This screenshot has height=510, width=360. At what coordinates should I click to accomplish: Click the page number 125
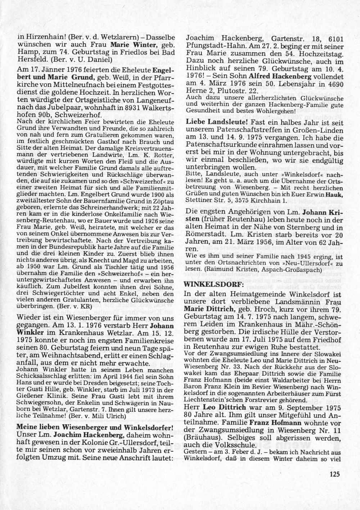click(334, 474)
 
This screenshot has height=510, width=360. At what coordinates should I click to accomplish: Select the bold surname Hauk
click(334, 194)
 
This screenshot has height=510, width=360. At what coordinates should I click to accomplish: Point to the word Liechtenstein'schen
click(213, 399)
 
